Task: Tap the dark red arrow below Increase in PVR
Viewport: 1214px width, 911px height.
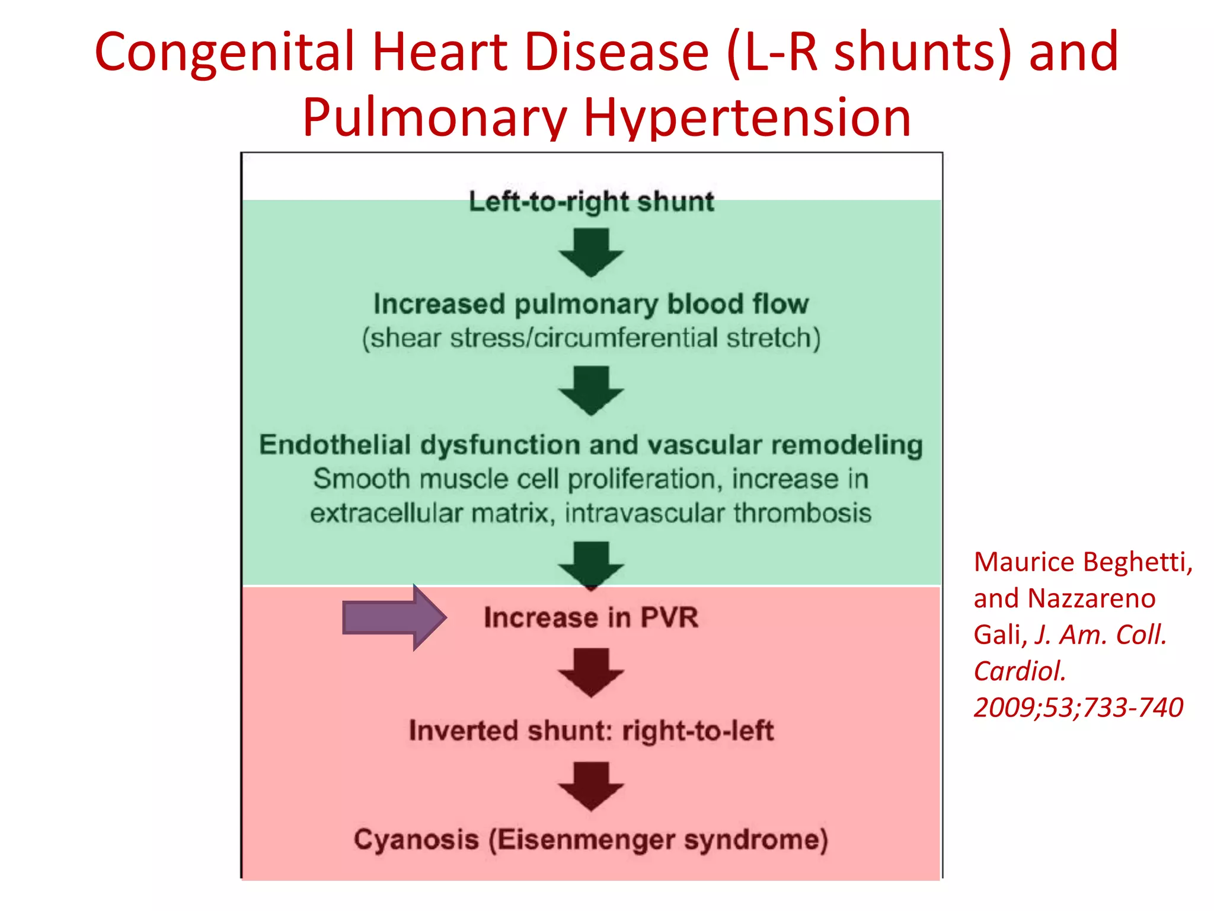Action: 591,672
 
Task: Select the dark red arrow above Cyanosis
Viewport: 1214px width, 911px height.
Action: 591,786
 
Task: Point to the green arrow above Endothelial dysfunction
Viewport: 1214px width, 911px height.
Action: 591,390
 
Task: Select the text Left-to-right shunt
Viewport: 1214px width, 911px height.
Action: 591,202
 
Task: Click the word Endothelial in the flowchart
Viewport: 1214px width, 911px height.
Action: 335,445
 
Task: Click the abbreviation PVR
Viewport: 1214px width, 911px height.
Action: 669,617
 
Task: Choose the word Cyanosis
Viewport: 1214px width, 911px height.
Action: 416,840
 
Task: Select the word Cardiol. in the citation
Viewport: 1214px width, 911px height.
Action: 1020,671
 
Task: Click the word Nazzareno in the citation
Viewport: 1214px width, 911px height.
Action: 1091,598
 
